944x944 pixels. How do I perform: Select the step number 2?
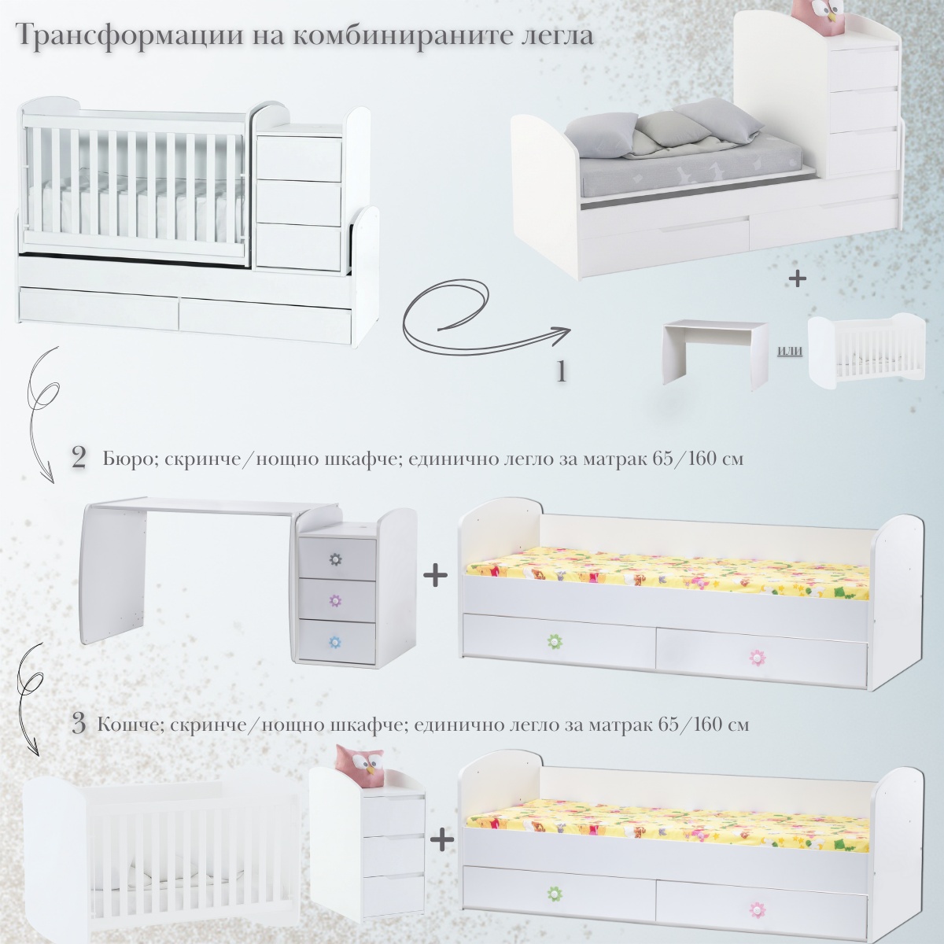point(79,459)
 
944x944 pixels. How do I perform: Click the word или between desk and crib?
point(789,351)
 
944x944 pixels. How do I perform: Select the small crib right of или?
point(867,352)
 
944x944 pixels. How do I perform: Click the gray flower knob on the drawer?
point(335,559)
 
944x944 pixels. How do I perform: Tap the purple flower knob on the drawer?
point(335,600)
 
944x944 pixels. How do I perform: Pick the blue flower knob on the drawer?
point(335,641)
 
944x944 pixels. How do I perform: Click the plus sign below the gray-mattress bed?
point(798,278)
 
